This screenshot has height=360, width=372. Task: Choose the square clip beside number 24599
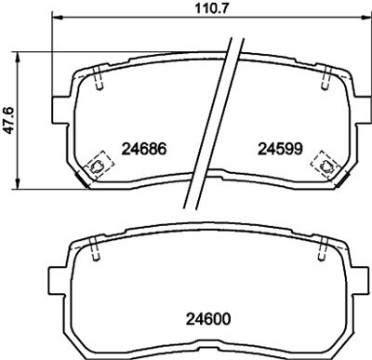coord(325,165)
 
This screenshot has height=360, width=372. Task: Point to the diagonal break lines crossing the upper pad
coord(209,121)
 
